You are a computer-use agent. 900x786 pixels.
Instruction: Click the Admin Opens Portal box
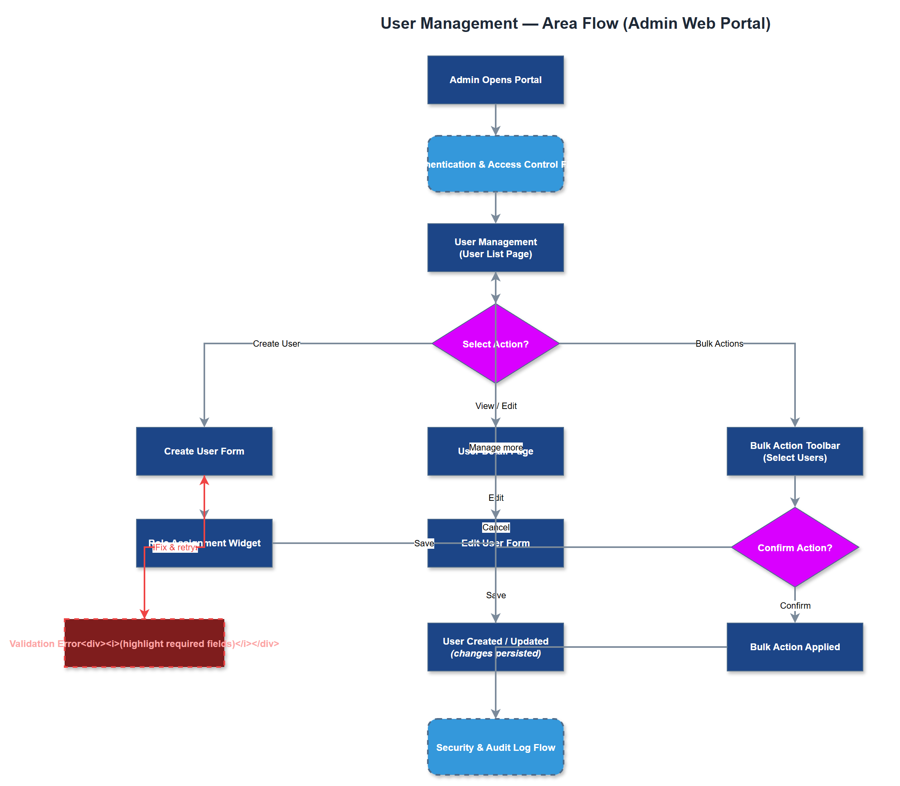click(x=495, y=80)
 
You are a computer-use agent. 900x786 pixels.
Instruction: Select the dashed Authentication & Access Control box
click(x=495, y=164)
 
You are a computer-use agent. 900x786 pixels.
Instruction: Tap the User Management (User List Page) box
click(x=495, y=248)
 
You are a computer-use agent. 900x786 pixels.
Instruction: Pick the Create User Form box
click(x=204, y=451)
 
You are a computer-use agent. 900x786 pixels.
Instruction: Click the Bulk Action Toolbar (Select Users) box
click(x=794, y=451)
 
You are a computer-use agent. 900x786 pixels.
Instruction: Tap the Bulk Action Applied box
click(x=794, y=647)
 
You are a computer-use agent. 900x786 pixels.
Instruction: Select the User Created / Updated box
click(x=465, y=647)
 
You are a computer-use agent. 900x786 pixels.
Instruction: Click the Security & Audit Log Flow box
click(x=495, y=747)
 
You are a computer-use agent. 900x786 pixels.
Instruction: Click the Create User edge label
click(x=276, y=343)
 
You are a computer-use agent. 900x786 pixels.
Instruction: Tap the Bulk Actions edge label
click(x=719, y=343)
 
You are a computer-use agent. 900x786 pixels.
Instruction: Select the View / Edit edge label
click(x=496, y=406)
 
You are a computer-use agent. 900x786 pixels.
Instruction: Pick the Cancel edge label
click(x=496, y=527)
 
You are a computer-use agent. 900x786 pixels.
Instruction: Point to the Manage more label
click(x=496, y=447)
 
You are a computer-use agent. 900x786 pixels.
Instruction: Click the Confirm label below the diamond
click(x=795, y=605)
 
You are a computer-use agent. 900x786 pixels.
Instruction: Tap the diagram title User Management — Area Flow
click(x=575, y=23)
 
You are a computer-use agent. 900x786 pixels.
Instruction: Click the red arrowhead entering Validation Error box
click(x=144, y=614)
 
